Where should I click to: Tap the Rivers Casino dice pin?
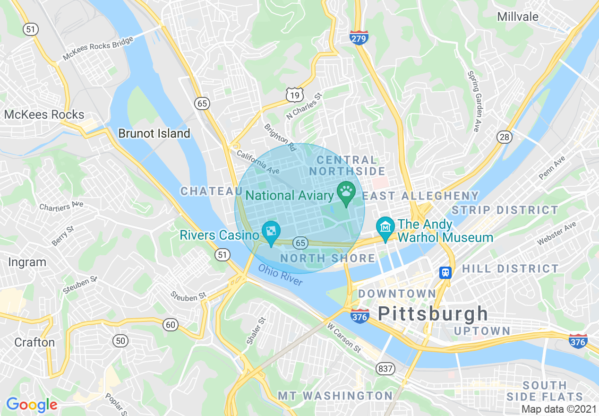coord(271,232)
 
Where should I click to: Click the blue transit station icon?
coord(445,273)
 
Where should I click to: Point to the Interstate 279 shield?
coord(359,37)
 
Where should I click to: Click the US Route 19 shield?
coord(294,95)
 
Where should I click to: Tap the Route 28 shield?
coord(504,137)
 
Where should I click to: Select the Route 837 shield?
coord(385,369)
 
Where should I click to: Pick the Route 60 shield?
coord(171,324)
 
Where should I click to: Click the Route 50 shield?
coord(120,340)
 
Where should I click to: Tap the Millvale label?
coord(518,17)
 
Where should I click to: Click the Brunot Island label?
coord(154,134)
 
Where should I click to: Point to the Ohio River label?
coord(280,275)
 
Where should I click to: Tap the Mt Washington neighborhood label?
coord(335,396)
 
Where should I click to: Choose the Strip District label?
coord(505,210)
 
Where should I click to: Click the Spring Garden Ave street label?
coord(475,101)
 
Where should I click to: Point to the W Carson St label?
coord(344,338)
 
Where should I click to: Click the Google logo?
coord(32,405)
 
